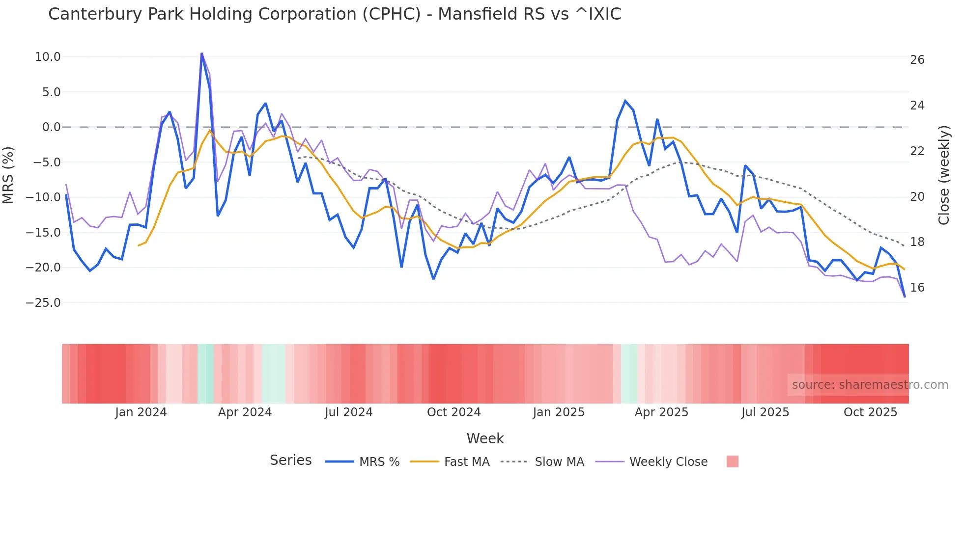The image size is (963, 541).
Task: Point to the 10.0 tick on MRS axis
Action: click(48, 57)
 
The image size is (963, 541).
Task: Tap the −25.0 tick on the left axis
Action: click(43, 303)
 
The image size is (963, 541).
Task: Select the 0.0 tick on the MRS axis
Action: click(51, 127)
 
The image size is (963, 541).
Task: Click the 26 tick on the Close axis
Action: click(917, 60)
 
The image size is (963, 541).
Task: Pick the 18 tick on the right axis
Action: click(917, 242)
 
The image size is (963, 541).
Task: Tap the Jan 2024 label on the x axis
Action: click(141, 412)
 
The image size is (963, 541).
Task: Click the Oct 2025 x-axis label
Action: click(870, 412)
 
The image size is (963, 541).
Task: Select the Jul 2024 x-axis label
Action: click(348, 412)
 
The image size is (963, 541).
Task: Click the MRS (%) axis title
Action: click(8, 175)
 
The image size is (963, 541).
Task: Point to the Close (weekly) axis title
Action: click(943, 175)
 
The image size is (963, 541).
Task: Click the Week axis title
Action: click(485, 438)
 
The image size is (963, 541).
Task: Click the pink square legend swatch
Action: click(732, 461)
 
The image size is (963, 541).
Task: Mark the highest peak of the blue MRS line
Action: click(201, 54)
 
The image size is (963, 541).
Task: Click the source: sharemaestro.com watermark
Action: click(870, 385)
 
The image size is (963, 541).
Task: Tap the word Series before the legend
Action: click(290, 460)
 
